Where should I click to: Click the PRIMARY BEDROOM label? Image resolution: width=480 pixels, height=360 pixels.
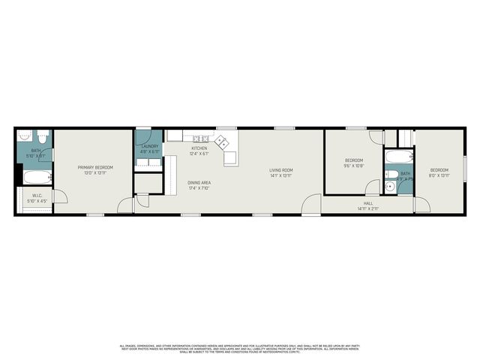(x=94, y=168)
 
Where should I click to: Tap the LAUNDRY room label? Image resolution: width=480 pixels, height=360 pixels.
(x=150, y=146)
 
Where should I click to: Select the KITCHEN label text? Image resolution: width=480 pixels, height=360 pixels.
(x=199, y=148)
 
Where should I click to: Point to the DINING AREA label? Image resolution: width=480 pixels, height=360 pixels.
(x=199, y=183)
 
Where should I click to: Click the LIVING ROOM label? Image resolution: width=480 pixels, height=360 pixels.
(x=281, y=170)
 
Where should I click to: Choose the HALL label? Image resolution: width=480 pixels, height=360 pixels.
(x=368, y=203)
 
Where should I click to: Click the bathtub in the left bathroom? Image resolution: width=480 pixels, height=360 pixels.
(x=36, y=178)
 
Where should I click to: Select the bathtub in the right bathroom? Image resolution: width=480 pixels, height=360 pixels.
(x=397, y=158)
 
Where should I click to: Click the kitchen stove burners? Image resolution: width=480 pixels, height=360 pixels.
(x=200, y=138)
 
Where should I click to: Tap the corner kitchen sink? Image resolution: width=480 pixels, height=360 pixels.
(x=222, y=140)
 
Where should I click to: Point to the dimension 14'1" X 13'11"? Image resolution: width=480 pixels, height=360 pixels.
(x=281, y=175)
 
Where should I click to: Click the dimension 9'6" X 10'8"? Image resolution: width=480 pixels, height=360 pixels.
(x=354, y=166)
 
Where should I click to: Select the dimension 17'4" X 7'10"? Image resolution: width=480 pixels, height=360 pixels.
(x=199, y=188)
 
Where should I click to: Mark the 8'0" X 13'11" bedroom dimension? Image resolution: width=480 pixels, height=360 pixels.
(x=439, y=175)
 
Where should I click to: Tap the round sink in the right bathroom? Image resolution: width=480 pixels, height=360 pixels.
(x=390, y=185)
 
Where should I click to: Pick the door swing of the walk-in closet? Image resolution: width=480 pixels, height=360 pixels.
(x=58, y=196)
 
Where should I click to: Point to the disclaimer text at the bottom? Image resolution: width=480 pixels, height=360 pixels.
(x=240, y=348)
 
